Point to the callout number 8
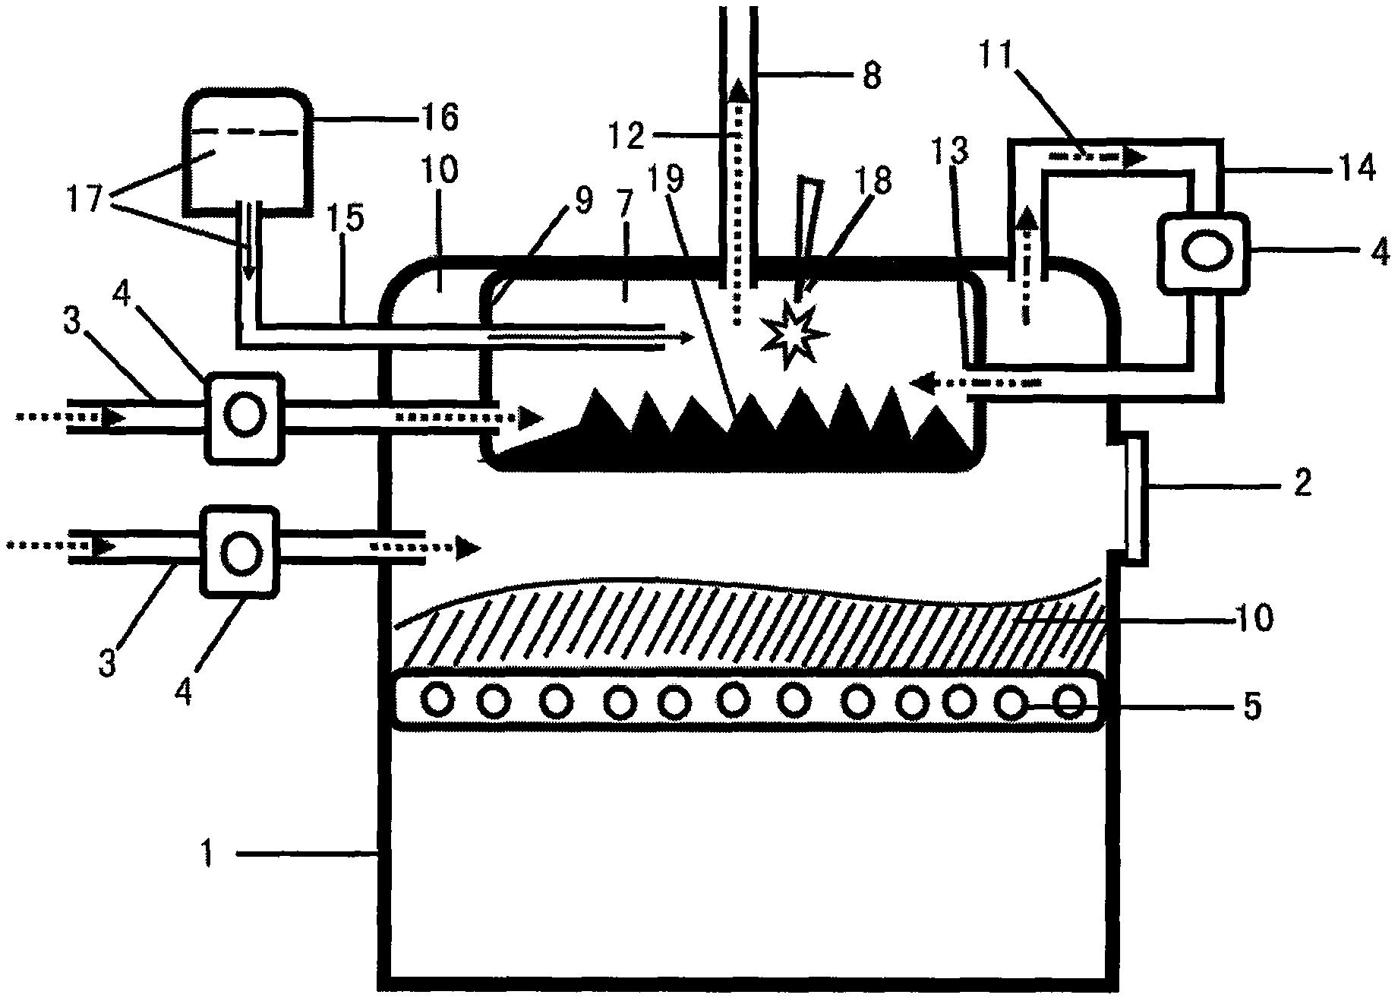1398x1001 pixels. pyautogui.click(x=871, y=75)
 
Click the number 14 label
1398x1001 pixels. pyautogui.click(x=1354, y=168)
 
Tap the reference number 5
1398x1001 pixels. pyautogui.click(x=1251, y=706)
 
